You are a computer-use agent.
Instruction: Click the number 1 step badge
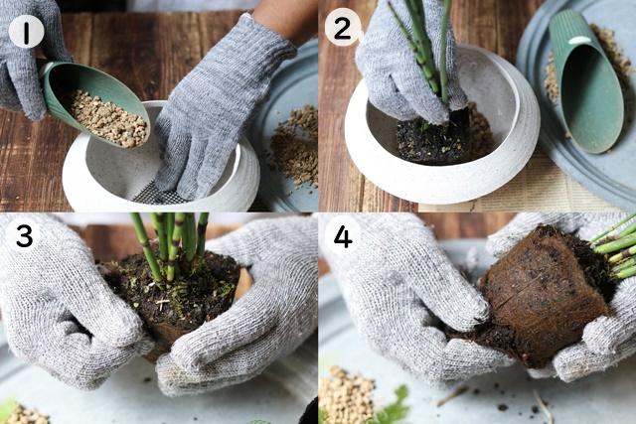[26, 31]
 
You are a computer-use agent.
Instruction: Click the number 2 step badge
[343, 27]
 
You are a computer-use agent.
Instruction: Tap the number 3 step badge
[24, 236]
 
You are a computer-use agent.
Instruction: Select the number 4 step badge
[343, 236]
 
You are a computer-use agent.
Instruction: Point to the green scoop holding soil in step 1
[94, 102]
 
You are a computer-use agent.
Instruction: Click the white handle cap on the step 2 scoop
[579, 41]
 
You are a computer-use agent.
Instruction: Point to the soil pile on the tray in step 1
[295, 146]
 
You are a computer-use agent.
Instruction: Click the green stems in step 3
[170, 243]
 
